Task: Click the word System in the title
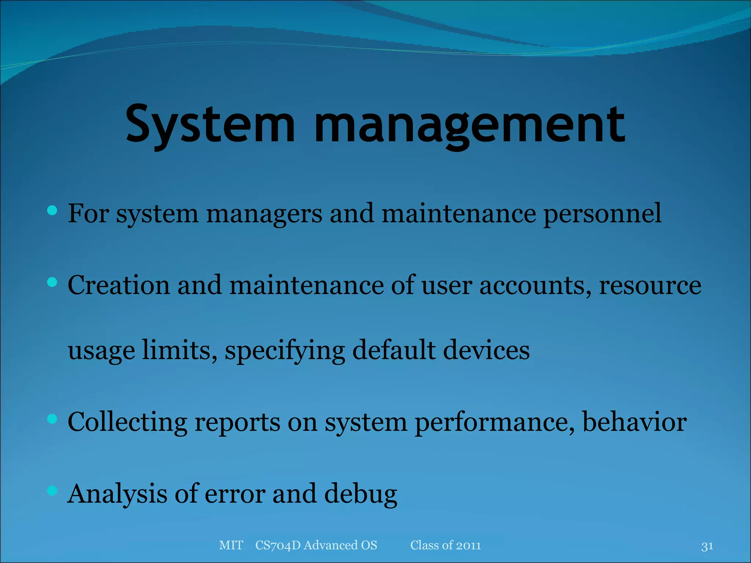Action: click(210, 124)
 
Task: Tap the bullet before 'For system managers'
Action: click(52, 210)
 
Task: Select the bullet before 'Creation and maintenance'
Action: click(52, 282)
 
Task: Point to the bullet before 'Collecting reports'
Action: click(52, 419)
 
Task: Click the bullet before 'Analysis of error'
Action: click(52, 490)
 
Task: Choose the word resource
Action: click(650, 285)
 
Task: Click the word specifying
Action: click(285, 350)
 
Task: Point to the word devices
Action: click(486, 350)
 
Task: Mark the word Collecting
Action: click(127, 422)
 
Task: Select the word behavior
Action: click(634, 422)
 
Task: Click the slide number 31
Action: click(707, 546)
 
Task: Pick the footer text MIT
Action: click(231, 545)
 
